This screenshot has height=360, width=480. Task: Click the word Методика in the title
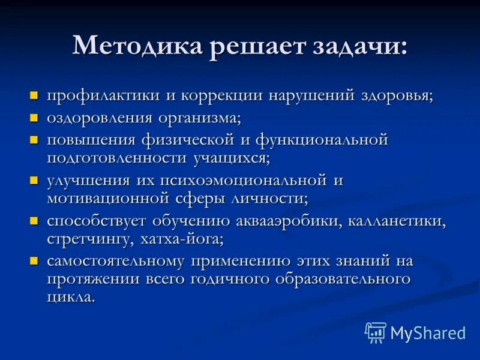pyautogui.click(x=137, y=47)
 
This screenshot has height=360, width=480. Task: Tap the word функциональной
pyautogui.click(x=322, y=140)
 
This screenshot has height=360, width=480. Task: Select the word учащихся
pyautogui.click(x=231, y=158)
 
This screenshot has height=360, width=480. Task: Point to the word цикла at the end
pyautogui.click(x=71, y=297)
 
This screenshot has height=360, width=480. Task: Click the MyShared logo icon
pyautogui.click(x=376, y=332)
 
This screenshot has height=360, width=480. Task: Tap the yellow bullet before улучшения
pyautogui.click(x=34, y=180)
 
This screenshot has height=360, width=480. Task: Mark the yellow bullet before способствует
pyautogui.click(x=34, y=220)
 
